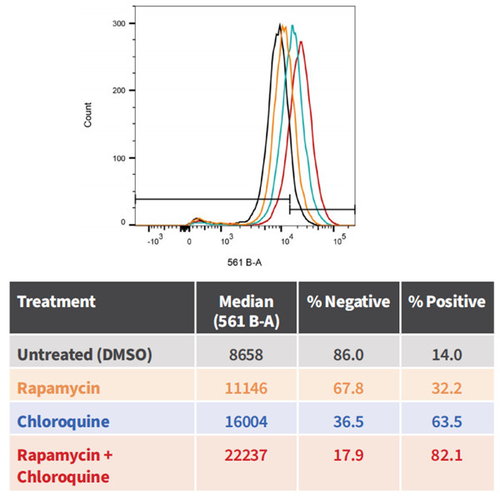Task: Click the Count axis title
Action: click(x=88, y=114)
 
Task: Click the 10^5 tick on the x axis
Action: click(x=339, y=241)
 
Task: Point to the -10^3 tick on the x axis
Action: click(x=155, y=241)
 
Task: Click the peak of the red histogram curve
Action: click(x=301, y=42)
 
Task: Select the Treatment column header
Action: click(x=56, y=301)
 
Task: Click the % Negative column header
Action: click(x=347, y=301)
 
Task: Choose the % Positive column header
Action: click(x=446, y=301)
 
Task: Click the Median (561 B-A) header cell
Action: click(x=246, y=310)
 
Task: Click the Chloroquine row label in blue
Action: click(x=63, y=421)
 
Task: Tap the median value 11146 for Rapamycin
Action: click(x=246, y=387)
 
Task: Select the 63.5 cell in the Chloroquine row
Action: click(x=447, y=421)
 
